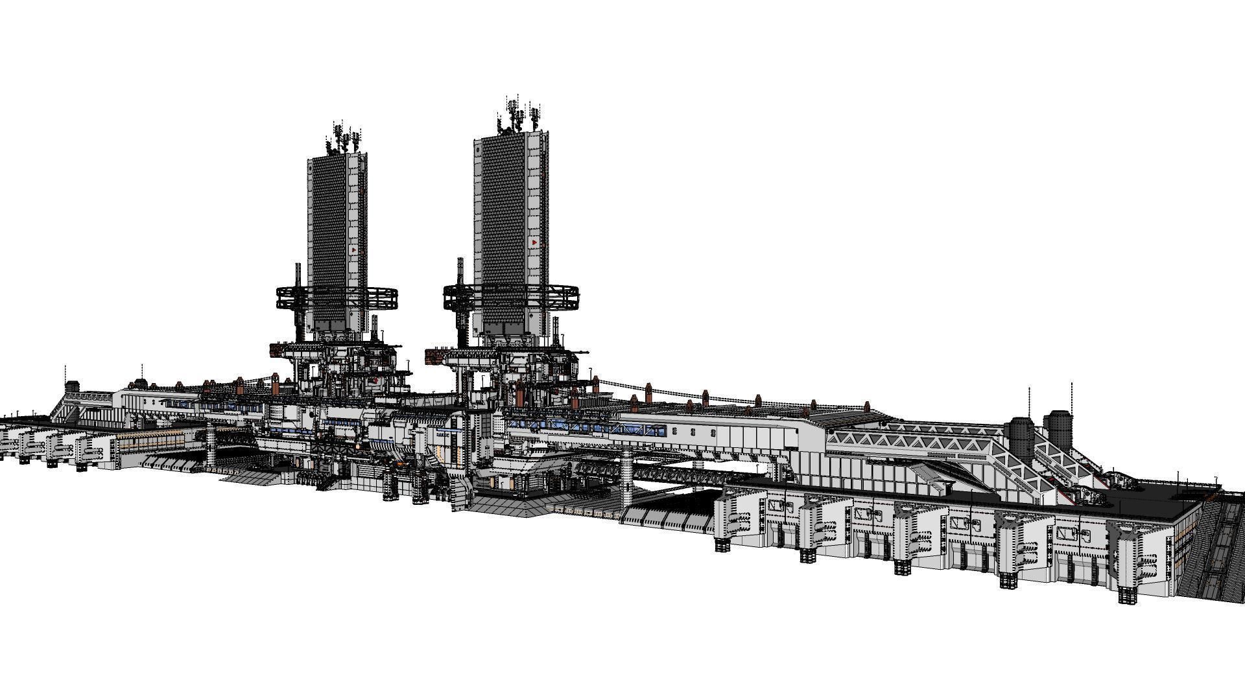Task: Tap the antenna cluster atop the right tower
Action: [x=519, y=115]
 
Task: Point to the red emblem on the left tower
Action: [x=353, y=249]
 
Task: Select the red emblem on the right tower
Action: [x=533, y=242]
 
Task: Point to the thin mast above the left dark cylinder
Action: [x=1029, y=402]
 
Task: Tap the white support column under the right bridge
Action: [x=626, y=480]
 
